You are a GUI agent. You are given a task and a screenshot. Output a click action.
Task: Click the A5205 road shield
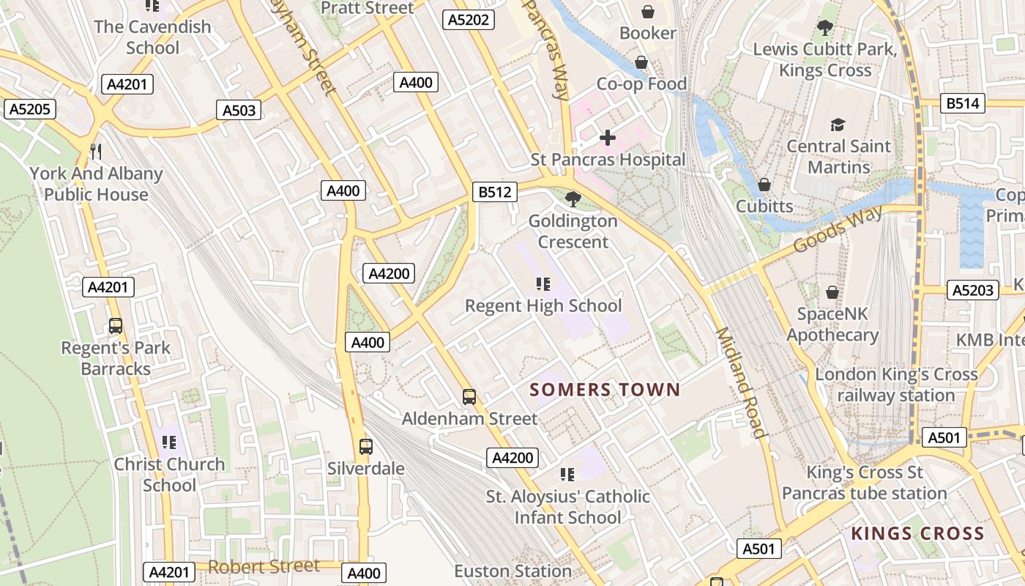tap(29, 110)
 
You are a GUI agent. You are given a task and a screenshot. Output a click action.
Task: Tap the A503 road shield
tap(239, 111)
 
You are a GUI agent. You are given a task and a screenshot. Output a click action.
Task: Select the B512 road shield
tap(494, 192)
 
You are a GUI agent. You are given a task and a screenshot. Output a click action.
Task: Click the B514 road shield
tap(962, 103)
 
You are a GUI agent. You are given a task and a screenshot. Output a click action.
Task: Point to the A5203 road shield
tap(973, 290)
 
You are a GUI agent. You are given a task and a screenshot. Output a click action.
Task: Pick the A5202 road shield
tap(469, 20)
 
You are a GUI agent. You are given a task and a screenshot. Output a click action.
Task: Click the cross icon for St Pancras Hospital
tap(607, 138)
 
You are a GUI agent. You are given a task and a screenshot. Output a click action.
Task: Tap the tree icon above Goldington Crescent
tap(573, 199)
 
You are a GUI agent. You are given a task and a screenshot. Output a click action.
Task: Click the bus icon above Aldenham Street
tap(469, 397)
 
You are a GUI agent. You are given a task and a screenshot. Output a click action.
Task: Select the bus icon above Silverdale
tap(365, 446)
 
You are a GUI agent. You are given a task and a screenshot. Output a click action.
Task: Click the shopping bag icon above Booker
tap(647, 12)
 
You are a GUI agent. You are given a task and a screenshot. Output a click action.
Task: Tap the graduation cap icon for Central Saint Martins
tap(838, 125)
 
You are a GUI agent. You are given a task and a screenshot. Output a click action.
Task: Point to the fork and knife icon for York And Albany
tap(95, 152)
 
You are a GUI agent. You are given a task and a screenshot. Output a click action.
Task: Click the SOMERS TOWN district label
tap(605, 389)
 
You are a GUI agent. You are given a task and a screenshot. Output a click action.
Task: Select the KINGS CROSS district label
tap(917, 533)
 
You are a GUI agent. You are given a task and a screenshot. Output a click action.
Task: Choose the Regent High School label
tap(543, 305)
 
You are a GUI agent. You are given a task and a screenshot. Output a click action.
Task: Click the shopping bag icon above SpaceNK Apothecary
tap(832, 292)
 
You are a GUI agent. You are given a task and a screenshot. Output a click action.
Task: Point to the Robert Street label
tap(264, 566)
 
